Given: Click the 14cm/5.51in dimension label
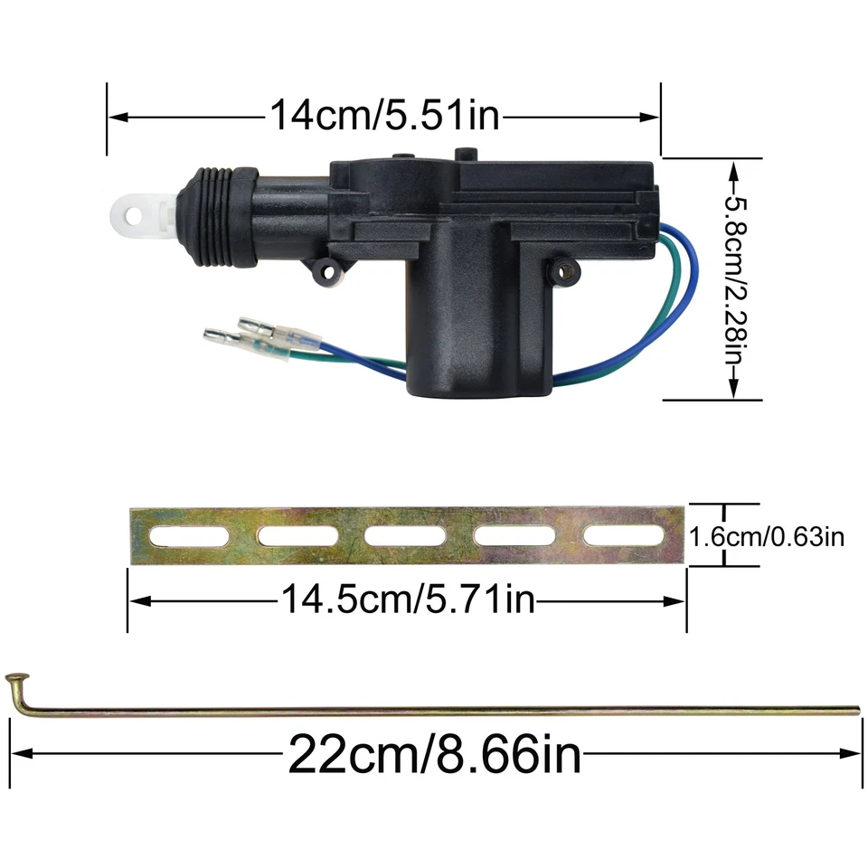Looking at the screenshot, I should coord(384,116).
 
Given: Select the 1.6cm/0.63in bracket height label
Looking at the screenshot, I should coord(767,537).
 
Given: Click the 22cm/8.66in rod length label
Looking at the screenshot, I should coord(434,752).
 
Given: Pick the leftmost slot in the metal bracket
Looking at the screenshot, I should coord(188,536).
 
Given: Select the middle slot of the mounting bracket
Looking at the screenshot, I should coord(404,536).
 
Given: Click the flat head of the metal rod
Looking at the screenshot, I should coord(16,677).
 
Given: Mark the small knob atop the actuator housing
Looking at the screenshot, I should coord(466,156).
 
